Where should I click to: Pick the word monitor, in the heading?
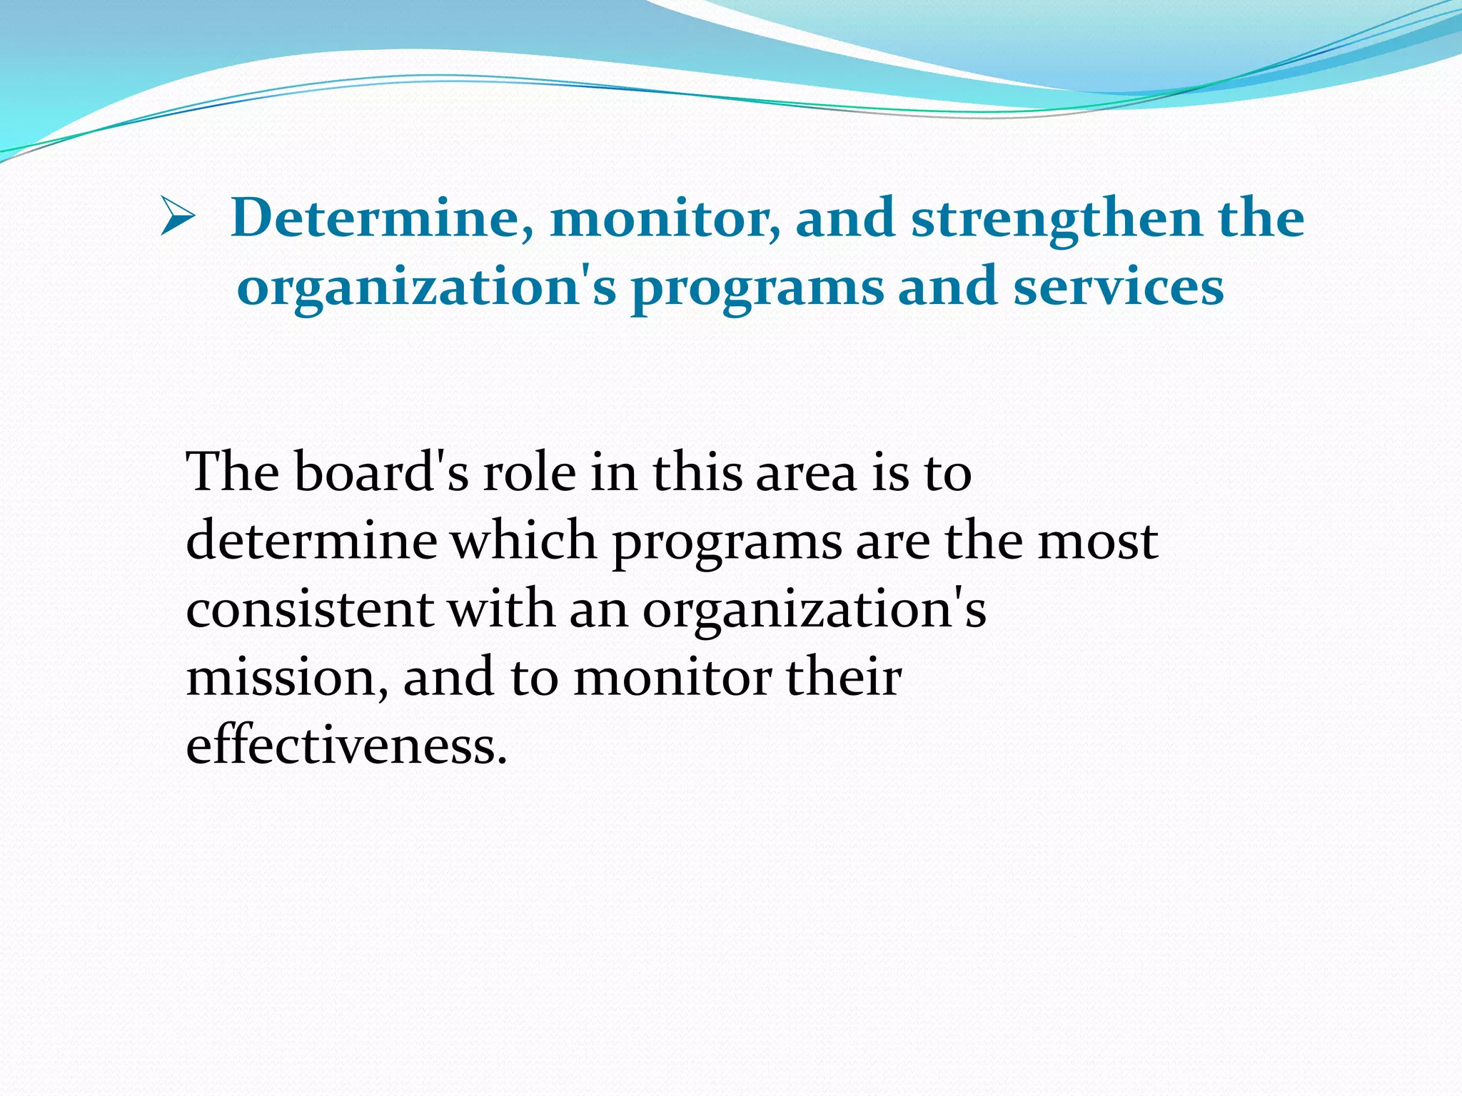tap(665, 218)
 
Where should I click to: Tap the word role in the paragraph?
tap(529, 472)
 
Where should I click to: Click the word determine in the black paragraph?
tap(311, 541)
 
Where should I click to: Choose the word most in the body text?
tap(1097, 541)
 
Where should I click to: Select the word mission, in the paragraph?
tap(288, 677)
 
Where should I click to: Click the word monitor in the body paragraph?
tap(672, 677)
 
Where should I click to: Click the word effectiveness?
tap(346, 746)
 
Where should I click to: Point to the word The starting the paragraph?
tap(232, 472)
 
